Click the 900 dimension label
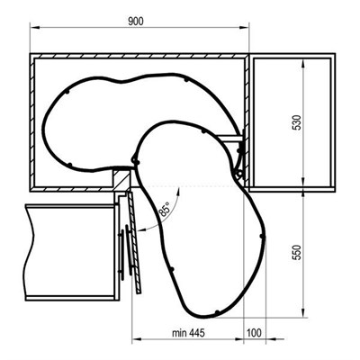pyautogui.click(x=136, y=22)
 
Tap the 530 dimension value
pyautogui.click(x=297, y=122)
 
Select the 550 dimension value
pyautogui.click(x=297, y=252)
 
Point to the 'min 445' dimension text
pyautogui.click(x=188, y=333)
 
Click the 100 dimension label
pyautogui.click(x=255, y=333)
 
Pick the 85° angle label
pyautogui.click(x=164, y=209)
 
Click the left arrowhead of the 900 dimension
pyautogui.click(x=34, y=28)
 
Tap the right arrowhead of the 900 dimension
pyautogui.click(x=244, y=28)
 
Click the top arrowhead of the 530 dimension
pyautogui.click(x=303, y=64)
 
